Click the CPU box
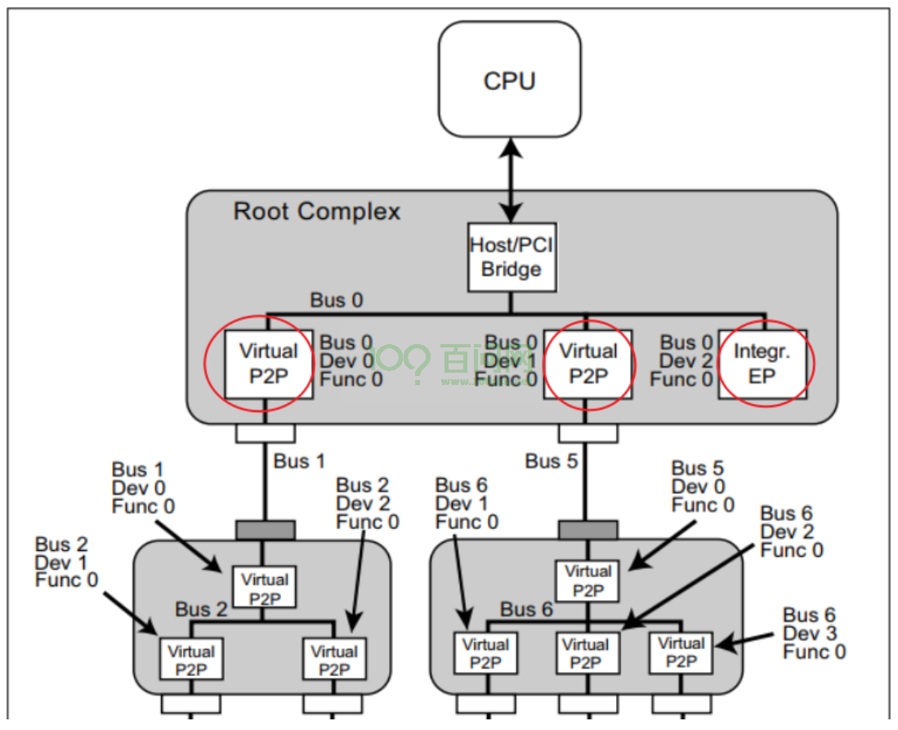[510, 79]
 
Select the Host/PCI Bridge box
[512, 258]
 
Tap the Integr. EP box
[762, 364]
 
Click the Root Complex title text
[317, 212]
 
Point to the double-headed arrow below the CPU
[510, 180]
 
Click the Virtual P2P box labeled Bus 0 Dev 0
[269, 364]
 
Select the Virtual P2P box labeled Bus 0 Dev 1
[588, 364]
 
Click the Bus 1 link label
[299, 461]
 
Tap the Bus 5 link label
[551, 461]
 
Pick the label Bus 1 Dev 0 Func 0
[143, 488]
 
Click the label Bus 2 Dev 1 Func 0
[66, 562]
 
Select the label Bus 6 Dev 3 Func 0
[814, 634]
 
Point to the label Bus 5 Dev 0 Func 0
[703, 486]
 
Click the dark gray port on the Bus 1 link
[266, 530]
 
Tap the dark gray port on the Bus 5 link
[588, 530]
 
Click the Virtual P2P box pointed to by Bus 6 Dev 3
[681, 652]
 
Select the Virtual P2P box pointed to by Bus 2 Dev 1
[190, 659]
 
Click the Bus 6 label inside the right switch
[526, 609]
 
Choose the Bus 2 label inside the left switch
[201, 609]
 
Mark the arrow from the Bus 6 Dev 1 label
[462, 581]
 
